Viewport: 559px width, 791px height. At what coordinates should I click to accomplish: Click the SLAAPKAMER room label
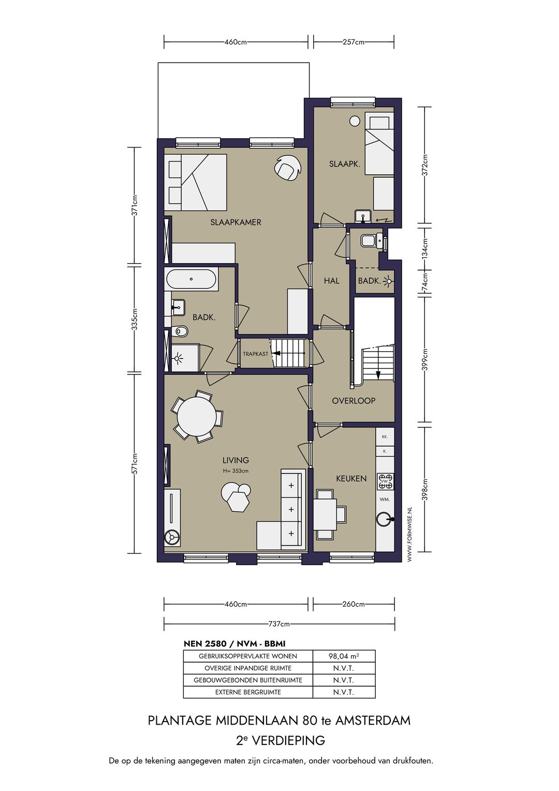[x=236, y=222]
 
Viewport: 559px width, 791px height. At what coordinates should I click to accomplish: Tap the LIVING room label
[x=236, y=460]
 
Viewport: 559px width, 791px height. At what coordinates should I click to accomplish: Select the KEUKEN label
[x=351, y=479]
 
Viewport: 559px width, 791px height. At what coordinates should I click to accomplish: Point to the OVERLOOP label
[x=353, y=401]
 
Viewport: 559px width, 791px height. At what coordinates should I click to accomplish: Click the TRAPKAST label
[x=256, y=354]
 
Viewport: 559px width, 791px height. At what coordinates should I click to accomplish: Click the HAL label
[x=332, y=281]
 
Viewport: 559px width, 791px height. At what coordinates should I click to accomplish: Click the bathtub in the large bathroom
[x=191, y=279]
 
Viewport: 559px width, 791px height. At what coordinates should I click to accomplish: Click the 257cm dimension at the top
[x=354, y=42]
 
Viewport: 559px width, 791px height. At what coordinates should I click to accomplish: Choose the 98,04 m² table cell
[x=344, y=656]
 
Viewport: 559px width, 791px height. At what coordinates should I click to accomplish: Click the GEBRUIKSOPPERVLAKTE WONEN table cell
[x=248, y=656]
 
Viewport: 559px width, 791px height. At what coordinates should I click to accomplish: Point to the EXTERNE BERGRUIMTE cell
[x=248, y=692]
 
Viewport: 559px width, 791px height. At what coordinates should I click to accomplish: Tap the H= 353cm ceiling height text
[x=236, y=471]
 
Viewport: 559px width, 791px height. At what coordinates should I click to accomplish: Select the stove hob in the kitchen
[x=386, y=482]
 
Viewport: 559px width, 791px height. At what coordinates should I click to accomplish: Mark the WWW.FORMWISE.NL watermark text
[x=409, y=533]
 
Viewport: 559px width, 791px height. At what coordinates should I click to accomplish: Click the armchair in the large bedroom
[x=288, y=168]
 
